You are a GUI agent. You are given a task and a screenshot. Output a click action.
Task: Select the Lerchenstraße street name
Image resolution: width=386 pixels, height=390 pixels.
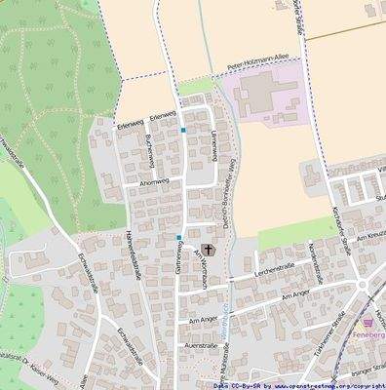(275, 264)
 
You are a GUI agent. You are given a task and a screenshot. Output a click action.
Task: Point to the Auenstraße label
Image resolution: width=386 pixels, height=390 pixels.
(199, 346)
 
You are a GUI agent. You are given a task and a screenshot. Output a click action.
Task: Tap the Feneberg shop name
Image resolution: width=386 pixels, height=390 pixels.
(370, 333)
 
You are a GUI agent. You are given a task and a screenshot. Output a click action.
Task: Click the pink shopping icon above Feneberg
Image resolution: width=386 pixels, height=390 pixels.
(367, 320)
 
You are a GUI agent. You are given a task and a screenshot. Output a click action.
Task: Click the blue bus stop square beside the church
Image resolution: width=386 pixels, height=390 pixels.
(179, 237)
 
